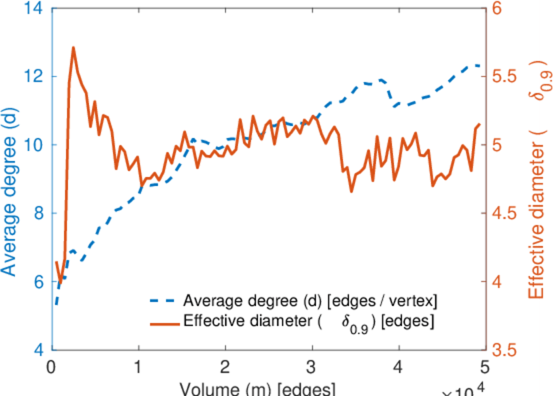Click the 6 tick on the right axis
point(498,9)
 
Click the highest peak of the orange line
point(73,48)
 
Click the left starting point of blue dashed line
point(56,305)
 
